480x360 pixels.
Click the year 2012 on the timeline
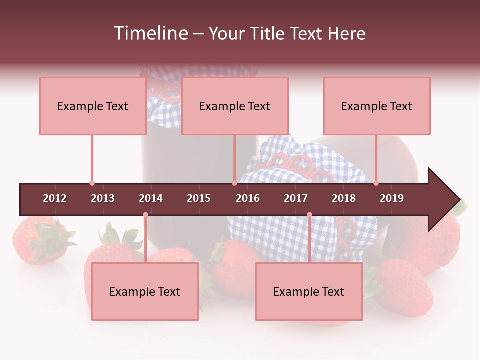tap(55, 198)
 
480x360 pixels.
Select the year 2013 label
tap(103, 198)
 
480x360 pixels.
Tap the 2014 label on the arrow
tap(151, 198)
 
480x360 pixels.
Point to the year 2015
tap(199, 198)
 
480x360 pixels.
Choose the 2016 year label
tap(248, 198)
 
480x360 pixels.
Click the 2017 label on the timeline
tap(296, 198)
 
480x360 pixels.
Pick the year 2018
tap(344, 198)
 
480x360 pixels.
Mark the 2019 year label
tap(392, 198)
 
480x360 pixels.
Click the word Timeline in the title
tap(150, 33)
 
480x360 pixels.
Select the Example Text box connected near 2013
tap(93, 106)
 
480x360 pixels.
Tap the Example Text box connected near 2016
tap(235, 106)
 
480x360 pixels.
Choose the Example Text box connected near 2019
tap(377, 106)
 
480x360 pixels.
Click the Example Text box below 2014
tap(145, 291)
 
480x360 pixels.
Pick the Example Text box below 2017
tap(309, 291)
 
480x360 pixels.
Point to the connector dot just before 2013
tap(92, 183)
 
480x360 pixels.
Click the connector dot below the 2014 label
tap(145, 215)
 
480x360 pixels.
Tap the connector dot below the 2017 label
tap(309, 215)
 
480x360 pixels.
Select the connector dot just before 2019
tap(376, 183)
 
